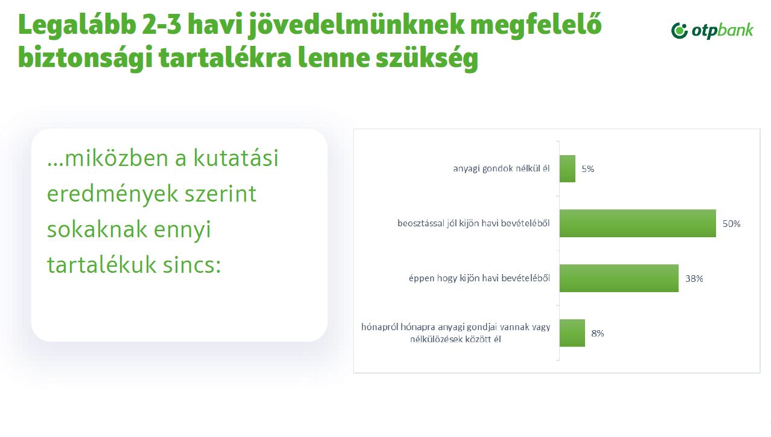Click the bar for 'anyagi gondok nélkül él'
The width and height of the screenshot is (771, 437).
pos(567,169)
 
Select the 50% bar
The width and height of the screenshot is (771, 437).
pos(637,223)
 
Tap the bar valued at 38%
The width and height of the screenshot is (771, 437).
pos(618,278)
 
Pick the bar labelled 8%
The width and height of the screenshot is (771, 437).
pos(572,333)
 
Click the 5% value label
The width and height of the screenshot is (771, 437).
pos(588,170)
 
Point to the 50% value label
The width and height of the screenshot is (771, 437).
pos(731,224)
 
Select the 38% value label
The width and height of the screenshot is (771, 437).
pos(694,279)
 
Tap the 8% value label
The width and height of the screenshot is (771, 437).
pos(597,333)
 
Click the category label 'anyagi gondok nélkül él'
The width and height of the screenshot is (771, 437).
pos(501,169)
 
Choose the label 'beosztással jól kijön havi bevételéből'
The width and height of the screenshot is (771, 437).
pos(473,224)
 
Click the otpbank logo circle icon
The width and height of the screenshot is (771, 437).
pos(680,30)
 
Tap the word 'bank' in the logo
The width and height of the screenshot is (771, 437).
pos(737,30)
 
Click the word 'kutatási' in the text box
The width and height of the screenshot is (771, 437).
pos(236,159)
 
